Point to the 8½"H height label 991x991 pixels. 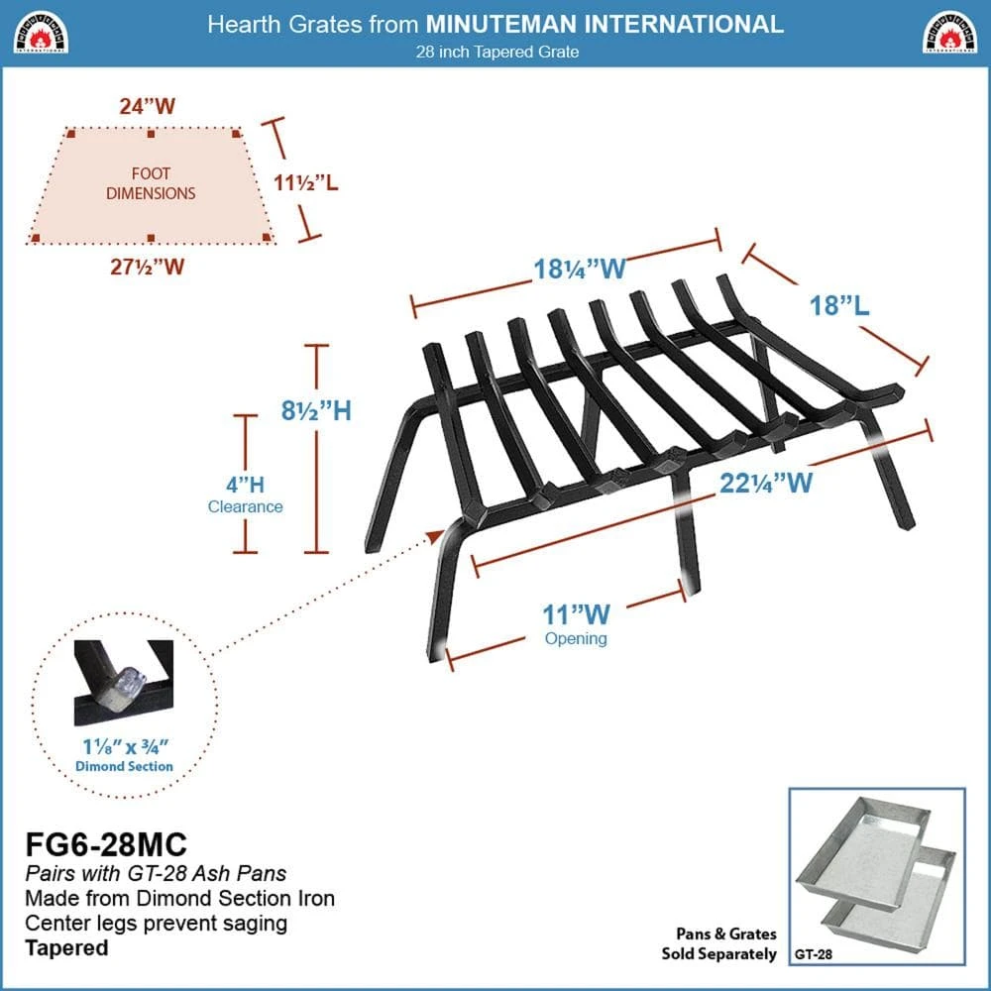click(317, 409)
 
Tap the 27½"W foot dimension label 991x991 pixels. click(149, 266)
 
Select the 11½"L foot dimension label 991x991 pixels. click(306, 182)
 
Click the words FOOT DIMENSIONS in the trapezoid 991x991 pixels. click(152, 183)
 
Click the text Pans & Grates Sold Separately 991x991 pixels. click(719, 943)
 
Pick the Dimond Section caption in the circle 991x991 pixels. click(125, 766)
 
